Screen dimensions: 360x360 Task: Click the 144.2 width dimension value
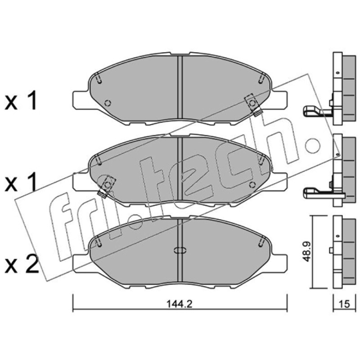tap(179, 304)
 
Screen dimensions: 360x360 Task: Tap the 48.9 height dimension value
tap(306, 252)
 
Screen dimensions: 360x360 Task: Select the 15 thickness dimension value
tap(344, 304)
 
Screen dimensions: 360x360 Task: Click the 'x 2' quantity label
tap(21, 265)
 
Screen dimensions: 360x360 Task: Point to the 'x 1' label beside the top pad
tap(21, 100)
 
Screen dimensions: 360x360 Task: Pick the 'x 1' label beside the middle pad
tap(21, 182)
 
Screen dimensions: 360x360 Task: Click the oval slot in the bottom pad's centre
tap(180, 250)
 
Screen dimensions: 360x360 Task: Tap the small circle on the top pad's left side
tap(108, 103)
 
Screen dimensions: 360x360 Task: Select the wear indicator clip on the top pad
tap(253, 105)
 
